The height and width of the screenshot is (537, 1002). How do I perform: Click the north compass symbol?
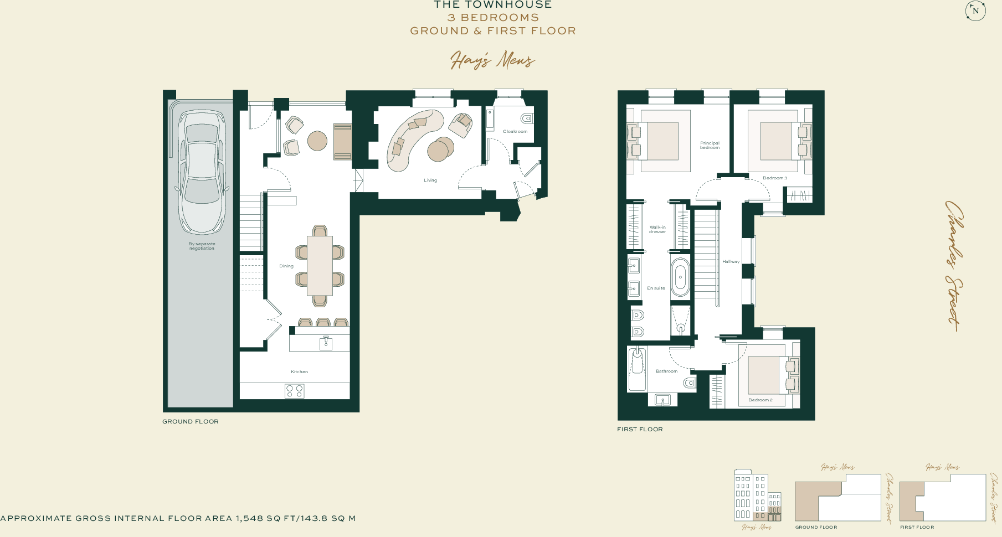(975, 11)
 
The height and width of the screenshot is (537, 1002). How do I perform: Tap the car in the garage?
(202, 172)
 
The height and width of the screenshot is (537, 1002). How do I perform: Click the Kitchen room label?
(299, 371)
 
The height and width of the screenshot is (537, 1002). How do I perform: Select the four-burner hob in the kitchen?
(294, 391)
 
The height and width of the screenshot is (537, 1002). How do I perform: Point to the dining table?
(320, 266)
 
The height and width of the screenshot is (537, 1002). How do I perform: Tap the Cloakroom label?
(515, 131)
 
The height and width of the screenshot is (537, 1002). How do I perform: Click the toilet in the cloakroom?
(527, 118)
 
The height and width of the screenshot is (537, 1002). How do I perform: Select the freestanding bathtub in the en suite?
(680, 277)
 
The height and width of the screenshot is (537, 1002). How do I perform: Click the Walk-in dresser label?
(657, 229)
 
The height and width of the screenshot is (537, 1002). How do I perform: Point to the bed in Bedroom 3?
(776, 141)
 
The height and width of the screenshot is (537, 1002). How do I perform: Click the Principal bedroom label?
(710, 145)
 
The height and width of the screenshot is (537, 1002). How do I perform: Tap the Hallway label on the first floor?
(731, 261)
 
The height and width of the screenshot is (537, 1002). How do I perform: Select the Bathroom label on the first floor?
(666, 371)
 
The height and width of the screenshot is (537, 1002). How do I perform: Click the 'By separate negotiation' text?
(202, 246)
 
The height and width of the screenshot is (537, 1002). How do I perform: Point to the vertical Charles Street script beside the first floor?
(954, 266)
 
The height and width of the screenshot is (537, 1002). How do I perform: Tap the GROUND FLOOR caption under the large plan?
(190, 421)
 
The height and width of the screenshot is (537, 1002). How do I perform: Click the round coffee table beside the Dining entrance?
(317, 141)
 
